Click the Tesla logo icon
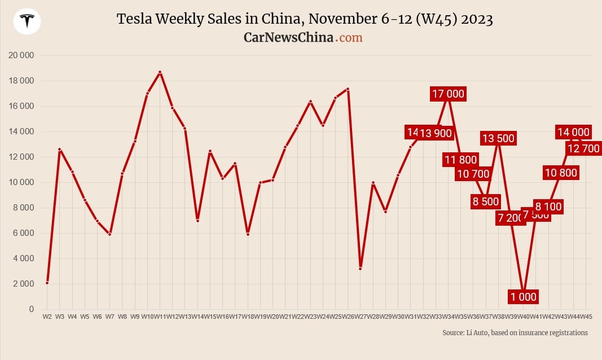[27, 21]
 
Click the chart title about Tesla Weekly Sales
[305, 19]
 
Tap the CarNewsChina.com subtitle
[303, 37]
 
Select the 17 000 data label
[448, 94]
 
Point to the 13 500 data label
[498, 138]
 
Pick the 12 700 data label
[583, 148]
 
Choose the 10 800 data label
[560, 173]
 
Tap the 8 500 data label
[485, 201]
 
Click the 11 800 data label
[460, 160]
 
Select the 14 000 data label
[573, 132]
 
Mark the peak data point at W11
[160, 72]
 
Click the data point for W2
[47, 283]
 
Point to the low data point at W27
[360, 269]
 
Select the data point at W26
[348, 89]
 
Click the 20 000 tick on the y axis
[21, 55]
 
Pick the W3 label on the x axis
[60, 317]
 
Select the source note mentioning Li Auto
[515, 333]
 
